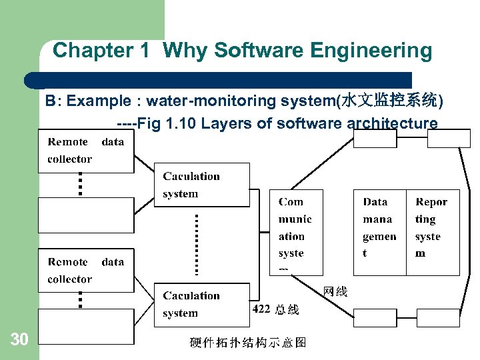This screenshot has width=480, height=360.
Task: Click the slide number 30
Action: (x=19, y=340)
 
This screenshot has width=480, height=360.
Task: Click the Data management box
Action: (x=379, y=232)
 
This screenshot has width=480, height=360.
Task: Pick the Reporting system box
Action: (x=433, y=232)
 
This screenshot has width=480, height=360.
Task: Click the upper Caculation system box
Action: (x=202, y=185)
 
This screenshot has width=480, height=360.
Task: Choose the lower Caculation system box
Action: (x=202, y=305)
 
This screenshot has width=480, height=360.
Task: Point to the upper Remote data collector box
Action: (x=85, y=151)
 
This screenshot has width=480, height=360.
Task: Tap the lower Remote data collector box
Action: (x=85, y=271)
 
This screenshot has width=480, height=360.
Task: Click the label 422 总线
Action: (x=275, y=309)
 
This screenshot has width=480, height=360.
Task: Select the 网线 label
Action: (x=335, y=291)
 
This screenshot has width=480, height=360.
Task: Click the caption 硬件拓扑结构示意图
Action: (x=247, y=343)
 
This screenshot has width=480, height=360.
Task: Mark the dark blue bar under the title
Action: (x=220, y=80)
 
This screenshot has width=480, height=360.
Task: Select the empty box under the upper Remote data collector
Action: (x=85, y=214)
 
